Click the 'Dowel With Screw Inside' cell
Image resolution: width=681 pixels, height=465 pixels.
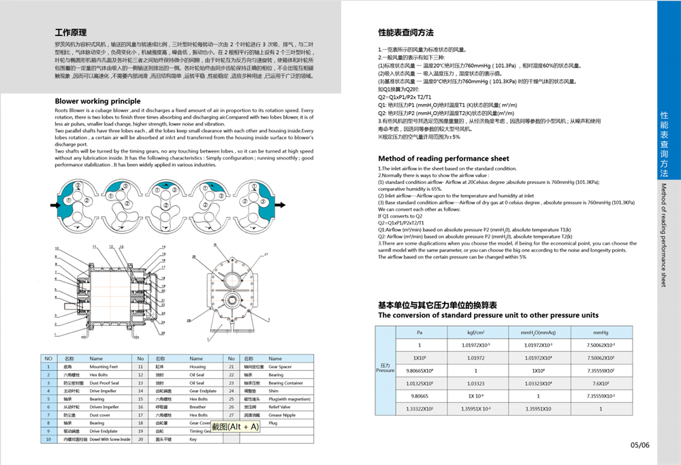click(x=110, y=440)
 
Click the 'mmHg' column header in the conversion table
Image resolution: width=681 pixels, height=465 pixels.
click(x=601, y=332)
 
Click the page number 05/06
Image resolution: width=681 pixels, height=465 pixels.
click(x=640, y=445)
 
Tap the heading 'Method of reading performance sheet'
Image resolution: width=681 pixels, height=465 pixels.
click(x=443, y=158)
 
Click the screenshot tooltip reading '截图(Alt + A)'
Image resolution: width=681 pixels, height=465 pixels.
click(x=236, y=427)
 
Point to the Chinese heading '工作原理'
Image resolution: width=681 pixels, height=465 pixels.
click(x=71, y=32)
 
